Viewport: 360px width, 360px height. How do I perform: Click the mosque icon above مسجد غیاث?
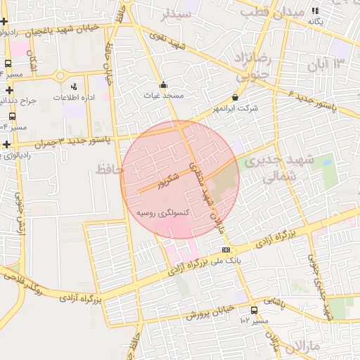point(164,84)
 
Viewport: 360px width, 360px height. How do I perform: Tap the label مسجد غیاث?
point(163,95)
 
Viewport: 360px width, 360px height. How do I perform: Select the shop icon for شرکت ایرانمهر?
point(235,98)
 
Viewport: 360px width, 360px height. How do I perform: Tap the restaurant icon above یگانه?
point(316,11)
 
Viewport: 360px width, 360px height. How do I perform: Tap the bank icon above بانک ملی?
point(226,250)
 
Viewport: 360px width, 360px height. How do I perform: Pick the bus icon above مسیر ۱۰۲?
point(254,310)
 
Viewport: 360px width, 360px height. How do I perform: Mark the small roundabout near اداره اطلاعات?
point(60,75)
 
